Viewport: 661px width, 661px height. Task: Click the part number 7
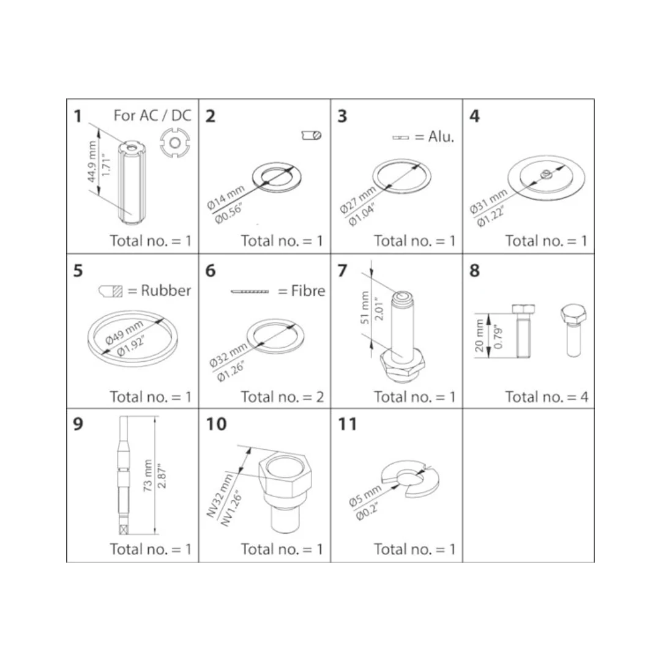[x=342, y=271]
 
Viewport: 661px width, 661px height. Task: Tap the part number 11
[x=348, y=424]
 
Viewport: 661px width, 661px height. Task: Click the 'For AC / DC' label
[x=152, y=116]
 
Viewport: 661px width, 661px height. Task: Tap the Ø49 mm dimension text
[x=125, y=332]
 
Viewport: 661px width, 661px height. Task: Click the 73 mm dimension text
[x=148, y=475]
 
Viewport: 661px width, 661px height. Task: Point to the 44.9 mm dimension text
[x=92, y=162]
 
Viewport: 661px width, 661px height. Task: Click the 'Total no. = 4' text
[x=547, y=397]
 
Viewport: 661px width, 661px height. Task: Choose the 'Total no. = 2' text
[x=282, y=397]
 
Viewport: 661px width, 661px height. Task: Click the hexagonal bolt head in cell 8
[x=573, y=315]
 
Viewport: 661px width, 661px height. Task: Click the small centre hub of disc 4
[x=545, y=173]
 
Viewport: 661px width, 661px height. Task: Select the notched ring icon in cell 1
[x=175, y=143]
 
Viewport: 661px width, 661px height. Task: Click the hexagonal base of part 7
[x=403, y=366]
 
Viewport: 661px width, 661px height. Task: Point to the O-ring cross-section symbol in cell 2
[x=312, y=135]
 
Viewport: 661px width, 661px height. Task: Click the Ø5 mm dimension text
[x=365, y=496]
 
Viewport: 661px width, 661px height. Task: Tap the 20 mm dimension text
[x=479, y=335]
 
